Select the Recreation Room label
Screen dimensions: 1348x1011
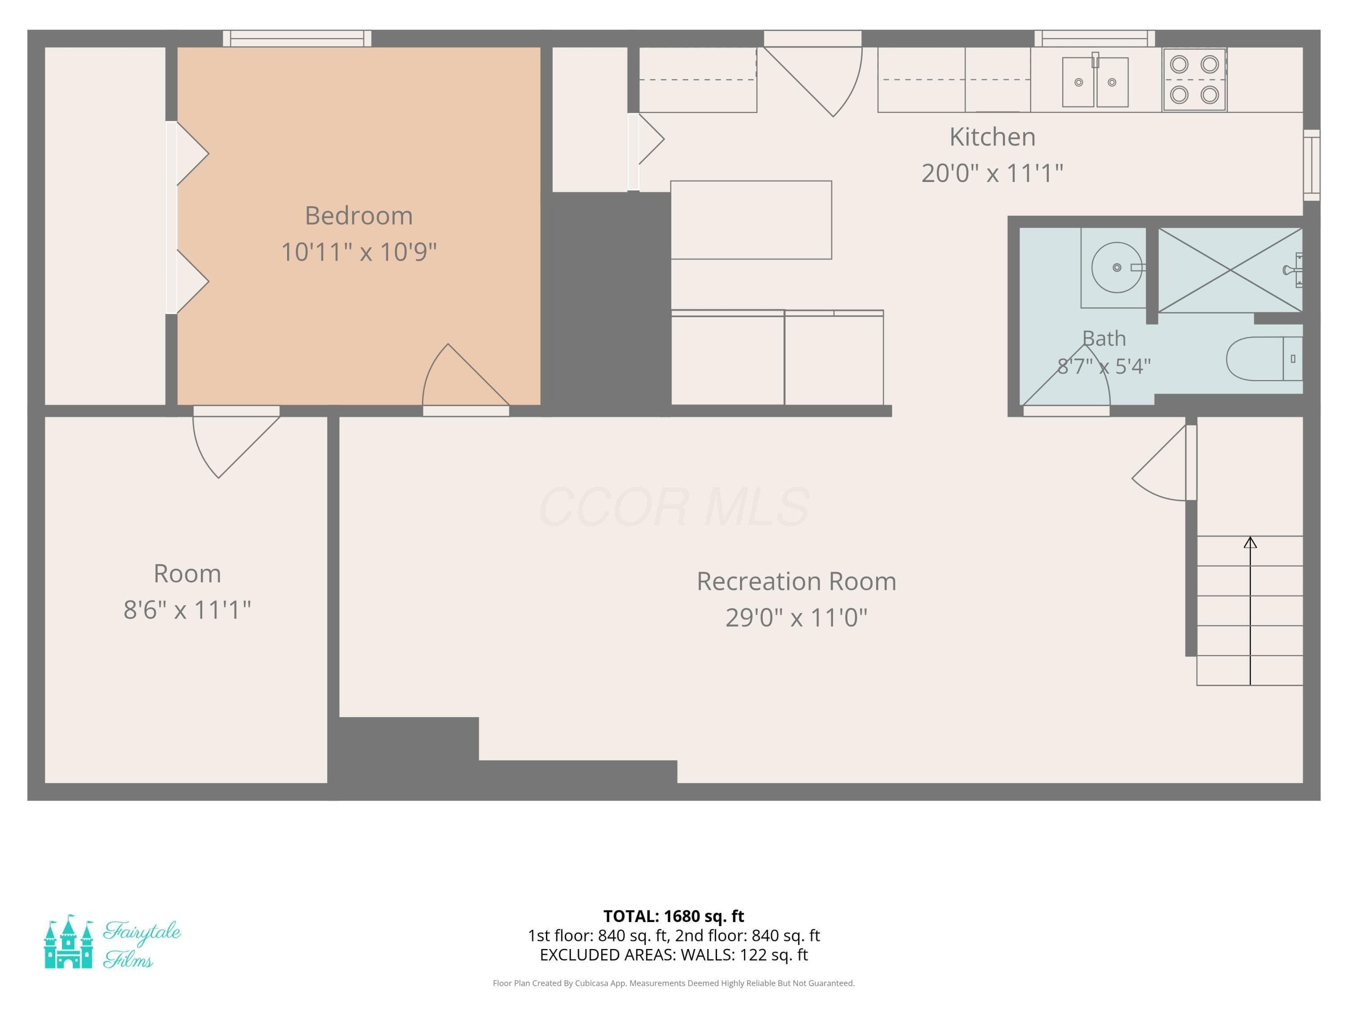pos(797,581)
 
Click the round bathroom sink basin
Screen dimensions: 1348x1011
pos(1117,267)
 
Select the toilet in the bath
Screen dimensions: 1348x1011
pos(1264,359)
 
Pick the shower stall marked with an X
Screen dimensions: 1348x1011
pos(1230,270)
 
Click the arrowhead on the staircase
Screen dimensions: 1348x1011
pos(1250,542)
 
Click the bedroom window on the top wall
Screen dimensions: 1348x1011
pos(297,38)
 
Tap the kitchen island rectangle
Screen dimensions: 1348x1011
pos(751,220)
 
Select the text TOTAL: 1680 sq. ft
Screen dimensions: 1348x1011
pos(674,916)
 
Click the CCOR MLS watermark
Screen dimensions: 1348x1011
pos(674,507)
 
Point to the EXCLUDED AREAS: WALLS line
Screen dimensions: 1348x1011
pos(674,955)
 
